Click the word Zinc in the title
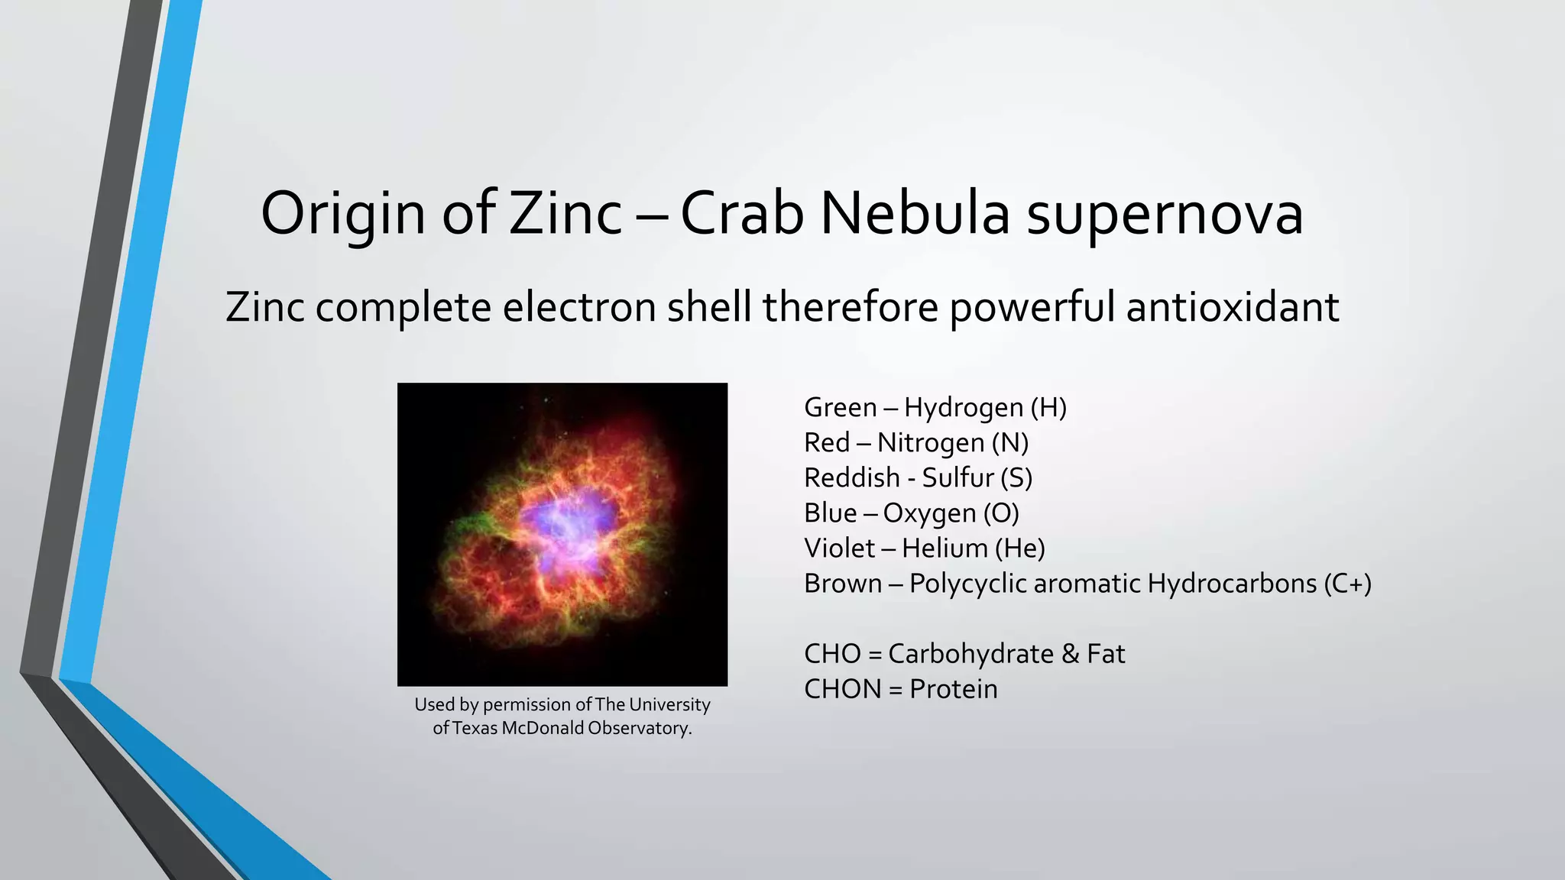(565, 214)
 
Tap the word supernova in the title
(1165, 214)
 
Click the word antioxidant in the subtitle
(1232, 307)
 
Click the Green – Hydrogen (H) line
(935, 408)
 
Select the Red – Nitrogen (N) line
(915, 443)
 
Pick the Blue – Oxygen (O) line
(911, 513)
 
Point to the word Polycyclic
(967, 584)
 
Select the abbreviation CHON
(842, 689)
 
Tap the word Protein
(953, 689)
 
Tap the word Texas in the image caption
(475, 728)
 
